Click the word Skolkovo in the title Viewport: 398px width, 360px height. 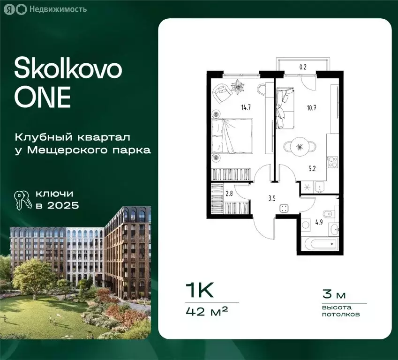click(68, 70)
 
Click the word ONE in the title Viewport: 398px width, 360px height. click(43, 97)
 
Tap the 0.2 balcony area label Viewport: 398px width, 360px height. click(303, 67)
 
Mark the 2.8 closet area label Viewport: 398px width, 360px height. click(229, 193)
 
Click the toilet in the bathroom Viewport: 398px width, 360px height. click(330, 214)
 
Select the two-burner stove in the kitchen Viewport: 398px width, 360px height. click(333, 161)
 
